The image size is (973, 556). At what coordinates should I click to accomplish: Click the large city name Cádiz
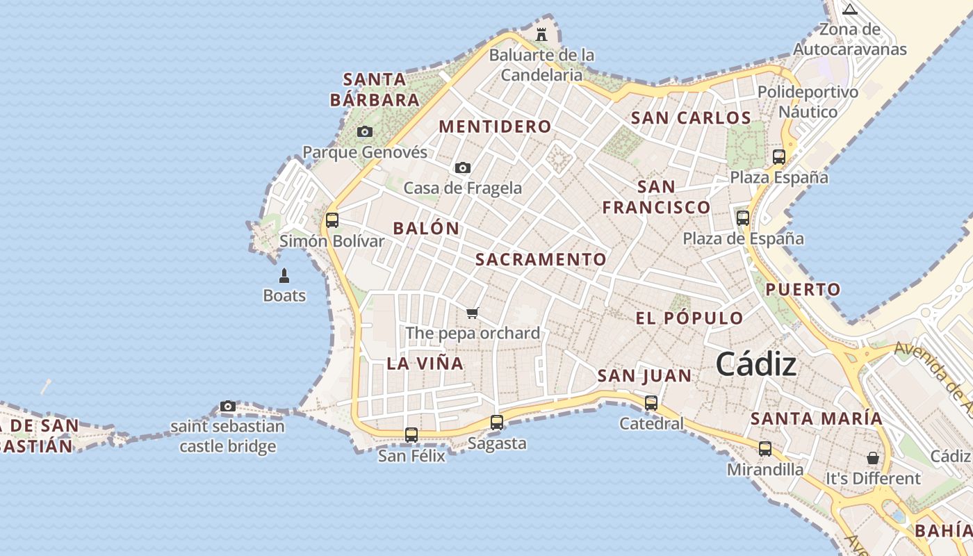click(755, 363)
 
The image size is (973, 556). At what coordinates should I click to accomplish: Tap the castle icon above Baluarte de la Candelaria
click(541, 34)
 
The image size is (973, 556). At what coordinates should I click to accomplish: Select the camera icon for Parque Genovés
click(364, 131)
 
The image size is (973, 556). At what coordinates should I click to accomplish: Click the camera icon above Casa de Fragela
click(462, 167)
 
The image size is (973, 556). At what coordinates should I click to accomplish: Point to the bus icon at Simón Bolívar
click(332, 220)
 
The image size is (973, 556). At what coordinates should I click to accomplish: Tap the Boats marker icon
click(284, 276)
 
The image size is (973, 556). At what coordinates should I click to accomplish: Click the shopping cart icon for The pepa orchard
click(473, 313)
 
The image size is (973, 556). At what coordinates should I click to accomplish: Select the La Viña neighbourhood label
click(425, 363)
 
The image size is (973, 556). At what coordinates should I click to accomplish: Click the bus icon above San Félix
click(411, 435)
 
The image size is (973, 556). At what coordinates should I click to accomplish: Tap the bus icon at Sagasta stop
click(496, 422)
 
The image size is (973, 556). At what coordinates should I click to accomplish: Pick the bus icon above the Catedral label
click(651, 402)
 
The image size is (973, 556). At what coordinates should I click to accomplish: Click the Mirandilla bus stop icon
click(765, 448)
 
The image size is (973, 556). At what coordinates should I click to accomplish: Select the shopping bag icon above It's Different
click(873, 458)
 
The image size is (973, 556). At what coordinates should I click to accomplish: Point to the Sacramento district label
click(541, 259)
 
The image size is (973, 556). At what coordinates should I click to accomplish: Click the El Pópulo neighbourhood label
click(689, 318)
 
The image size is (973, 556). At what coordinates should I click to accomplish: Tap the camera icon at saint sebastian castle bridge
click(227, 406)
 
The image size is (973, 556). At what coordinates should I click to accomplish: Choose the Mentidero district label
click(496, 126)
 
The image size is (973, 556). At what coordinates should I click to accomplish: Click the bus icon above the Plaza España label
click(779, 156)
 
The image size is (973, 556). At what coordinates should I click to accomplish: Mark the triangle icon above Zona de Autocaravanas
click(849, 9)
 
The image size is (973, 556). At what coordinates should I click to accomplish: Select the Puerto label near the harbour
click(803, 289)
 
